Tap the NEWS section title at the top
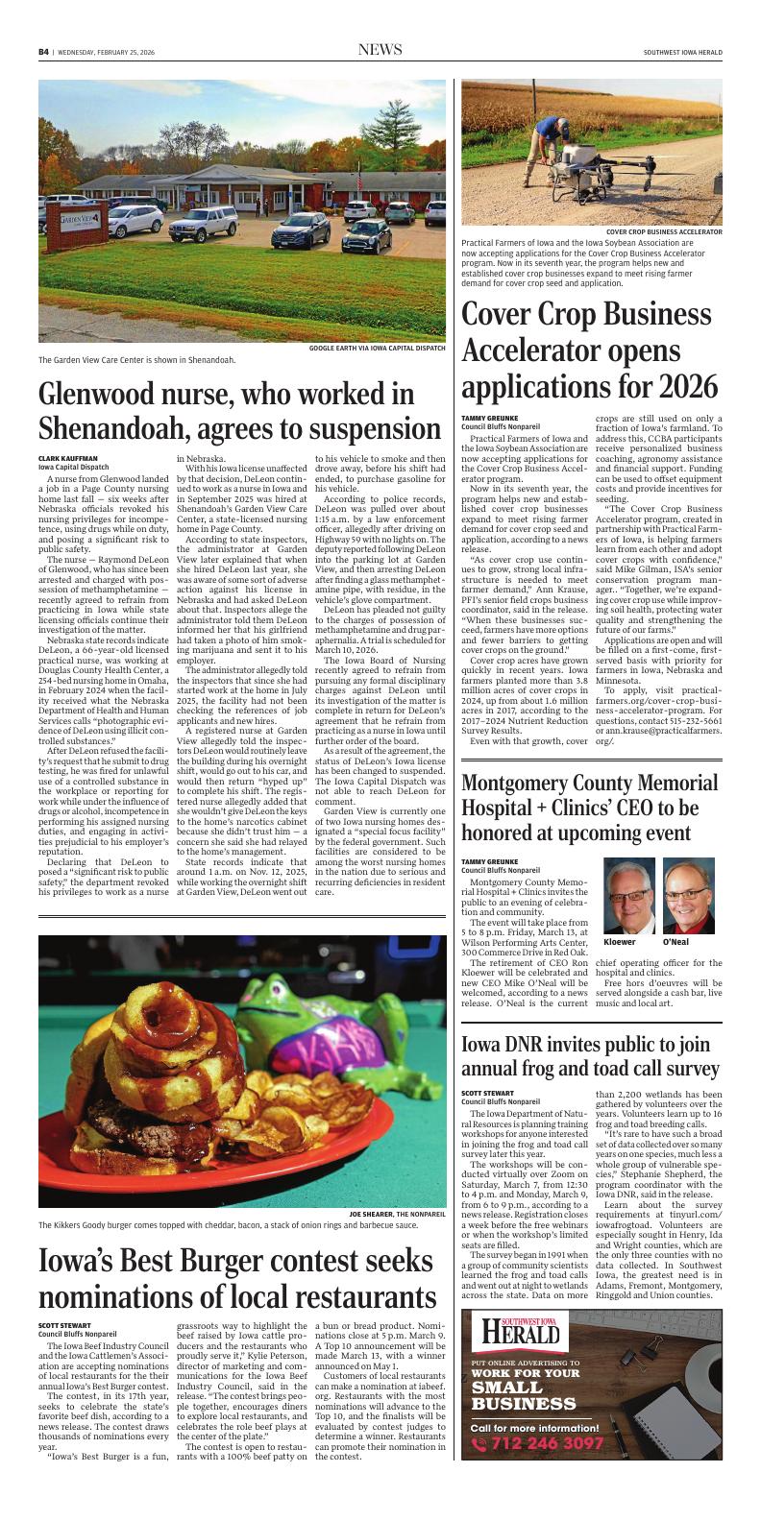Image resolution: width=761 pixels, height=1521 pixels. click(x=380, y=50)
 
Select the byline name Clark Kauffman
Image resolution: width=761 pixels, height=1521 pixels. click(x=68, y=458)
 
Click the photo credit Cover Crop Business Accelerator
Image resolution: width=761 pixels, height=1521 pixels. click(x=664, y=231)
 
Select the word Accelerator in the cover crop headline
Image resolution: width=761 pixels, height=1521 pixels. click(x=527, y=350)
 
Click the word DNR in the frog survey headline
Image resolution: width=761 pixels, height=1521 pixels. click(x=527, y=1045)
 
